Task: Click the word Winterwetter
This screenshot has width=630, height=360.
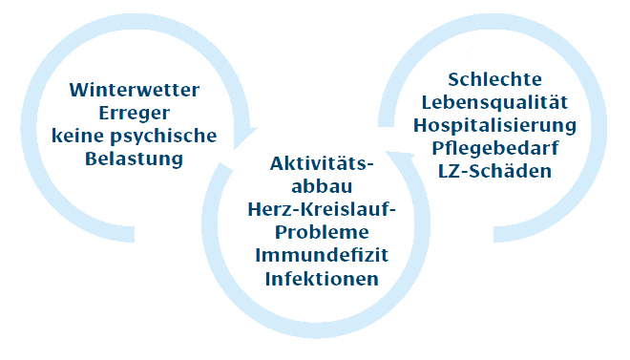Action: tap(135, 91)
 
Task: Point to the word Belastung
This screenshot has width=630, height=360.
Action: tap(135, 159)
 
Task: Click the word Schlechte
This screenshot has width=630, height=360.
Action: tap(493, 79)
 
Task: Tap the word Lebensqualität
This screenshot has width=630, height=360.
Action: tap(493, 102)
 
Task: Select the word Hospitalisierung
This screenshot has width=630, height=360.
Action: tap(493, 125)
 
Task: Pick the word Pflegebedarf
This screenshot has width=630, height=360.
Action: tap(493, 148)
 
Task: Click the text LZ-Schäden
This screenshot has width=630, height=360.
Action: tap(493, 171)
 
